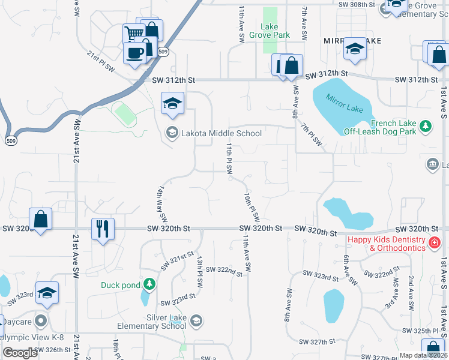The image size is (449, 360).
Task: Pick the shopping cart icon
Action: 134,34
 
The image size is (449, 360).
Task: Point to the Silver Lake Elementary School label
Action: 165,322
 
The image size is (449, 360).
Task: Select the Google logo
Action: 20,353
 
